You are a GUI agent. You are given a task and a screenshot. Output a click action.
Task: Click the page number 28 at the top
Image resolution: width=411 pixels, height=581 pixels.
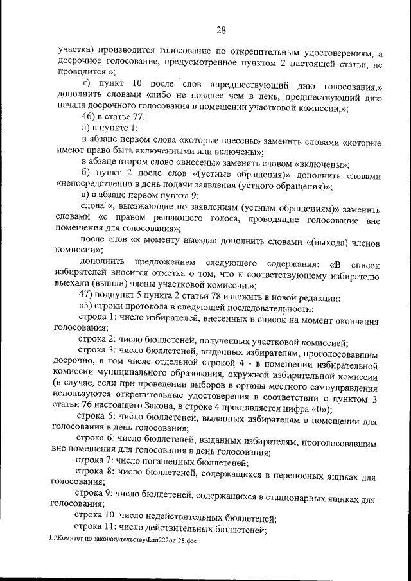pos(220,30)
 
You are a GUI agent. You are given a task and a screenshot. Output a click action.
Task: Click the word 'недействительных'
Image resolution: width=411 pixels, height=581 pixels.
pos(192,517)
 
